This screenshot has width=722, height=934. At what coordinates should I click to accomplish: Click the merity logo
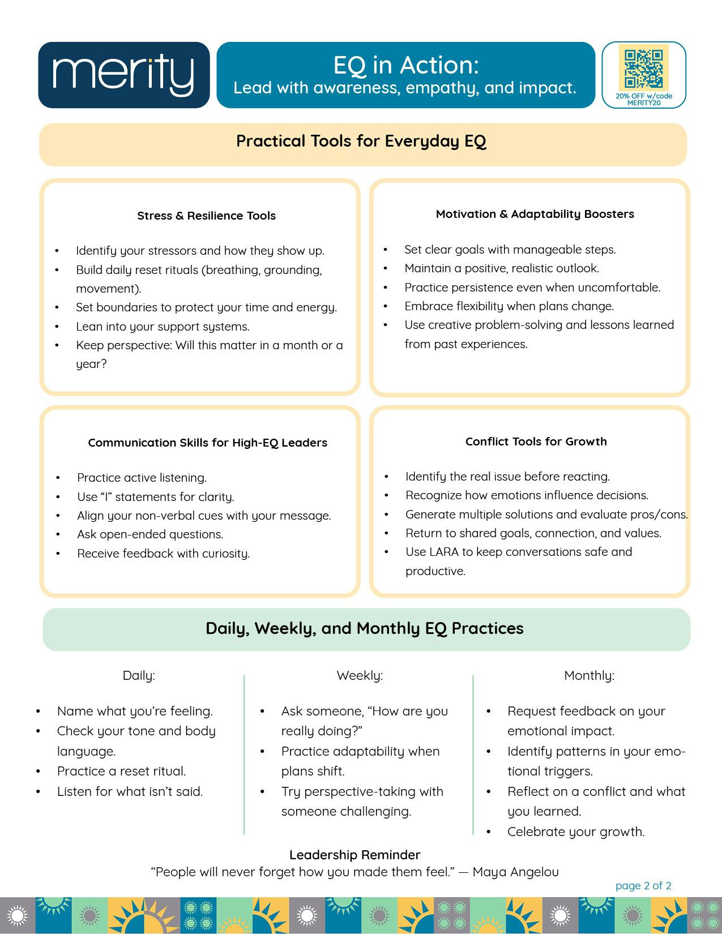click(123, 75)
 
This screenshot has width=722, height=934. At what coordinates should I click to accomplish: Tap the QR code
click(643, 68)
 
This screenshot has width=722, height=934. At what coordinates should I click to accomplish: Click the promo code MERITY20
click(644, 103)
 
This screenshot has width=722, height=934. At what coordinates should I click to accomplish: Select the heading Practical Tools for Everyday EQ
click(361, 141)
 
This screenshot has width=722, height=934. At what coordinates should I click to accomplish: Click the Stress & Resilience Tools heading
click(206, 216)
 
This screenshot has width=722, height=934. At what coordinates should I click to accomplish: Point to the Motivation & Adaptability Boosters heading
click(535, 214)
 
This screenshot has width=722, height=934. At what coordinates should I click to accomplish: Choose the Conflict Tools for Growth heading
click(536, 442)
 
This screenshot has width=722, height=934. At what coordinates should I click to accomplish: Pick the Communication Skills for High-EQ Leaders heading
click(207, 443)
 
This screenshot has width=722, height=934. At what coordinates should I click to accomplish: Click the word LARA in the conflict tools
click(443, 552)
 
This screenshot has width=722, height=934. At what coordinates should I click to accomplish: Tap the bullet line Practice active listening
click(142, 478)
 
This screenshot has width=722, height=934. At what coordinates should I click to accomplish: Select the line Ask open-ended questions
click(150, 534)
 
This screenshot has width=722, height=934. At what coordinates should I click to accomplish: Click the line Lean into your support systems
click(163, 327)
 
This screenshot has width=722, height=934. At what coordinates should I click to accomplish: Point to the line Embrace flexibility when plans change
click(509, 306)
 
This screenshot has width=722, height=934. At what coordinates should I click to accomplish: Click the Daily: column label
click(139, 675)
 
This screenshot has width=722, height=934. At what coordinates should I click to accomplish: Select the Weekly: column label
click(360, 675)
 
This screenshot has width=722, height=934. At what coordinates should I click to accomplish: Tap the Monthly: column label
click(589, 675)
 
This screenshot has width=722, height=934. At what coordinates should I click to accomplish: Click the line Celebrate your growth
click(576, 832)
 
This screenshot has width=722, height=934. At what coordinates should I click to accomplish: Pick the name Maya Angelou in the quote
click(515, 872)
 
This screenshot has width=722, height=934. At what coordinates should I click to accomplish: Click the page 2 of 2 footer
click(643, 886)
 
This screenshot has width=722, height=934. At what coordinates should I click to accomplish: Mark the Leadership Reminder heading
click(354, 855)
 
